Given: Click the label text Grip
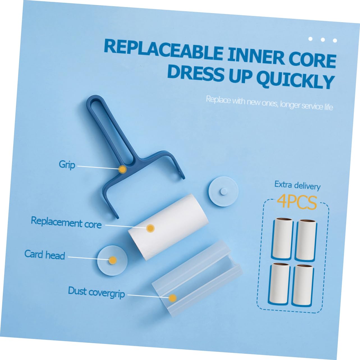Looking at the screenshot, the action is pos(67,165).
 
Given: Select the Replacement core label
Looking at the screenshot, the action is pos(66,222).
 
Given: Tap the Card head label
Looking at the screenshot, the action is pos(45,254).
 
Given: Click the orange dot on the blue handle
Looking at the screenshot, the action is pos(123,169).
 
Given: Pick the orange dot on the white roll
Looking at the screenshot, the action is pos(150,228).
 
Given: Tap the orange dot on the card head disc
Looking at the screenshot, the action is pos(113,260).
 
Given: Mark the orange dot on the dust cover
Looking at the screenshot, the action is pos(173,298).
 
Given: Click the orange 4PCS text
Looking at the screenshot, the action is pos(297,202).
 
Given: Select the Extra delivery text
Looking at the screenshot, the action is pos(297,185).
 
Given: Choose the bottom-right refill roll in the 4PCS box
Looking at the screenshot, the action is pos(303,285).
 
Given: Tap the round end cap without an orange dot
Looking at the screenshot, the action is pos(223,191).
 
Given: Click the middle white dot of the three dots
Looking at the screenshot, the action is pos(323,40).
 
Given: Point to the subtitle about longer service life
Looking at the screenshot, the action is pos(269,103).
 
